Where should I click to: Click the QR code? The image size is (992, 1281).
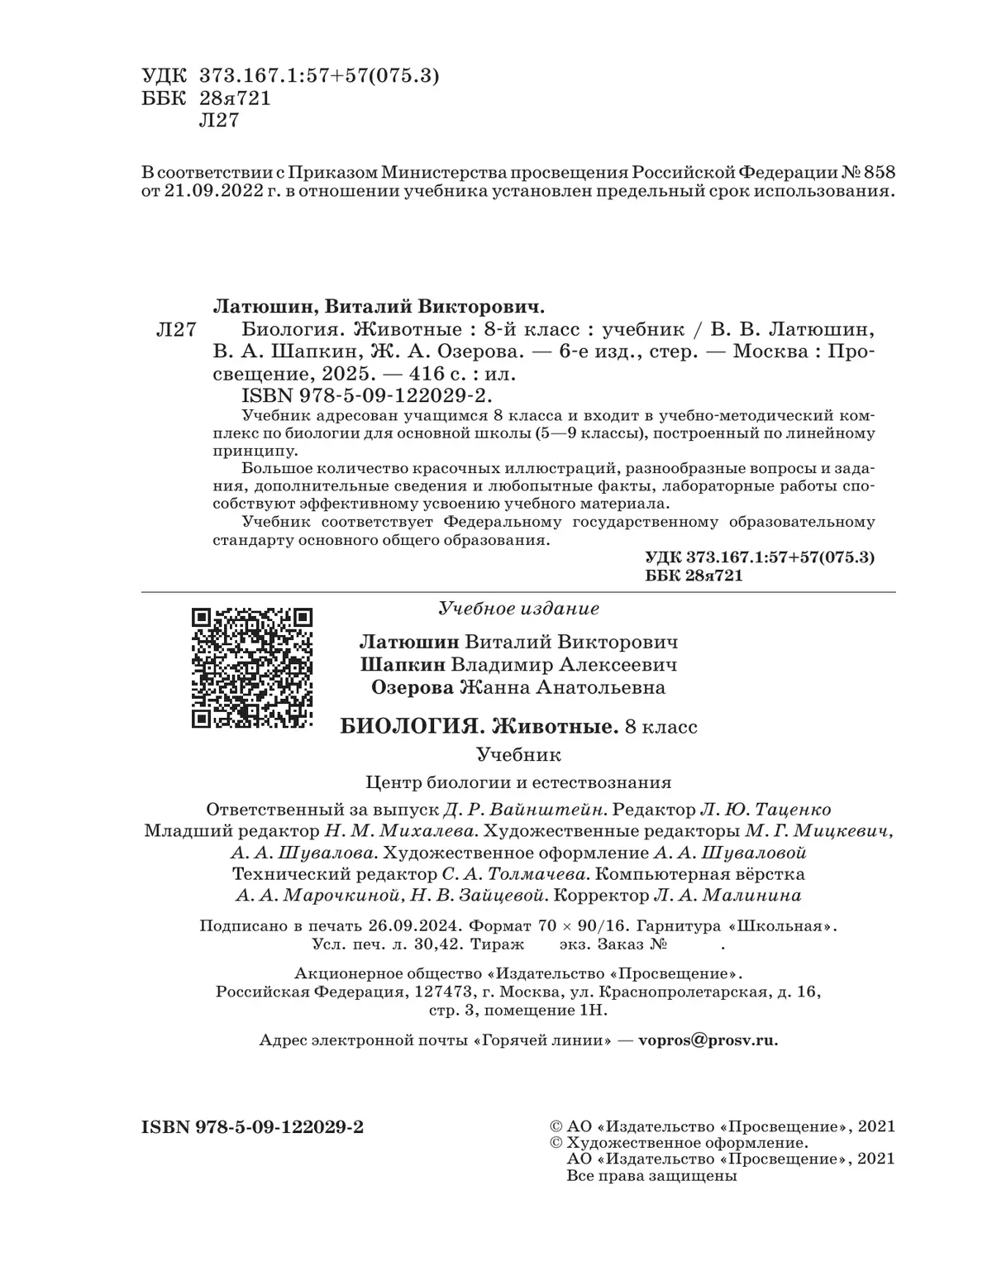(x=252, y=667)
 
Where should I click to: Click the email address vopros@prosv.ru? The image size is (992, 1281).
(x=708, y=1040)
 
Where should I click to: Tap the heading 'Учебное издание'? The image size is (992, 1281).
(x=518, y=609)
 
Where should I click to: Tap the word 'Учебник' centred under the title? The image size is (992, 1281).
(x=518, y=754)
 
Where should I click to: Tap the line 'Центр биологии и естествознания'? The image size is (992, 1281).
(x=518, y=782)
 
